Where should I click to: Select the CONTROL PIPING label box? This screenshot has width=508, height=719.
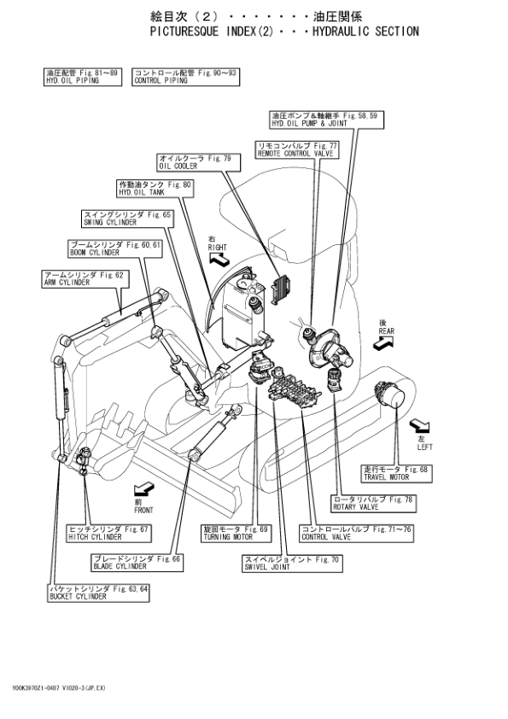click(x=184, y=78)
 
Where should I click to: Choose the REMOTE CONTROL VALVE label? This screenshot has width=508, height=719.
click(x=297, y=149)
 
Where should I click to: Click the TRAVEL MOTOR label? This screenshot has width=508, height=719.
click(x=397, y=473)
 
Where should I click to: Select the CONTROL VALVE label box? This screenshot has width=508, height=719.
click(x=356, y=534)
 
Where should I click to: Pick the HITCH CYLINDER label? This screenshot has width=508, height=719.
click(x=108, y=534)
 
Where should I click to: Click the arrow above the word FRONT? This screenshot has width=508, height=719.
click(x=143, y=488)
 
